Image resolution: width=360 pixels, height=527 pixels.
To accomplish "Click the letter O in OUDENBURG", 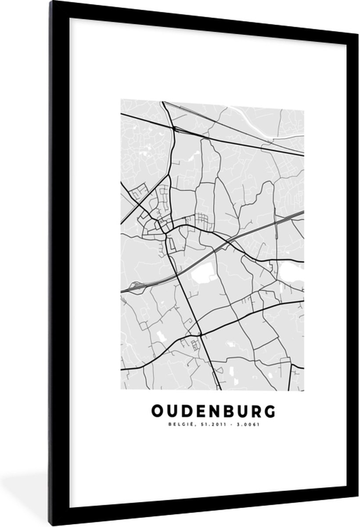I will [x=158, y=411].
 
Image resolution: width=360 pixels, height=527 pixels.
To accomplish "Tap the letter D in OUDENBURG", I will [x=186, y=411].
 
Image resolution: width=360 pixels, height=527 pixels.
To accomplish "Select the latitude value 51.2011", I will [x=208, y=424].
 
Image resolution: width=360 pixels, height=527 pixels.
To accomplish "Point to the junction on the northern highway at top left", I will [x=174, y=128].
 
